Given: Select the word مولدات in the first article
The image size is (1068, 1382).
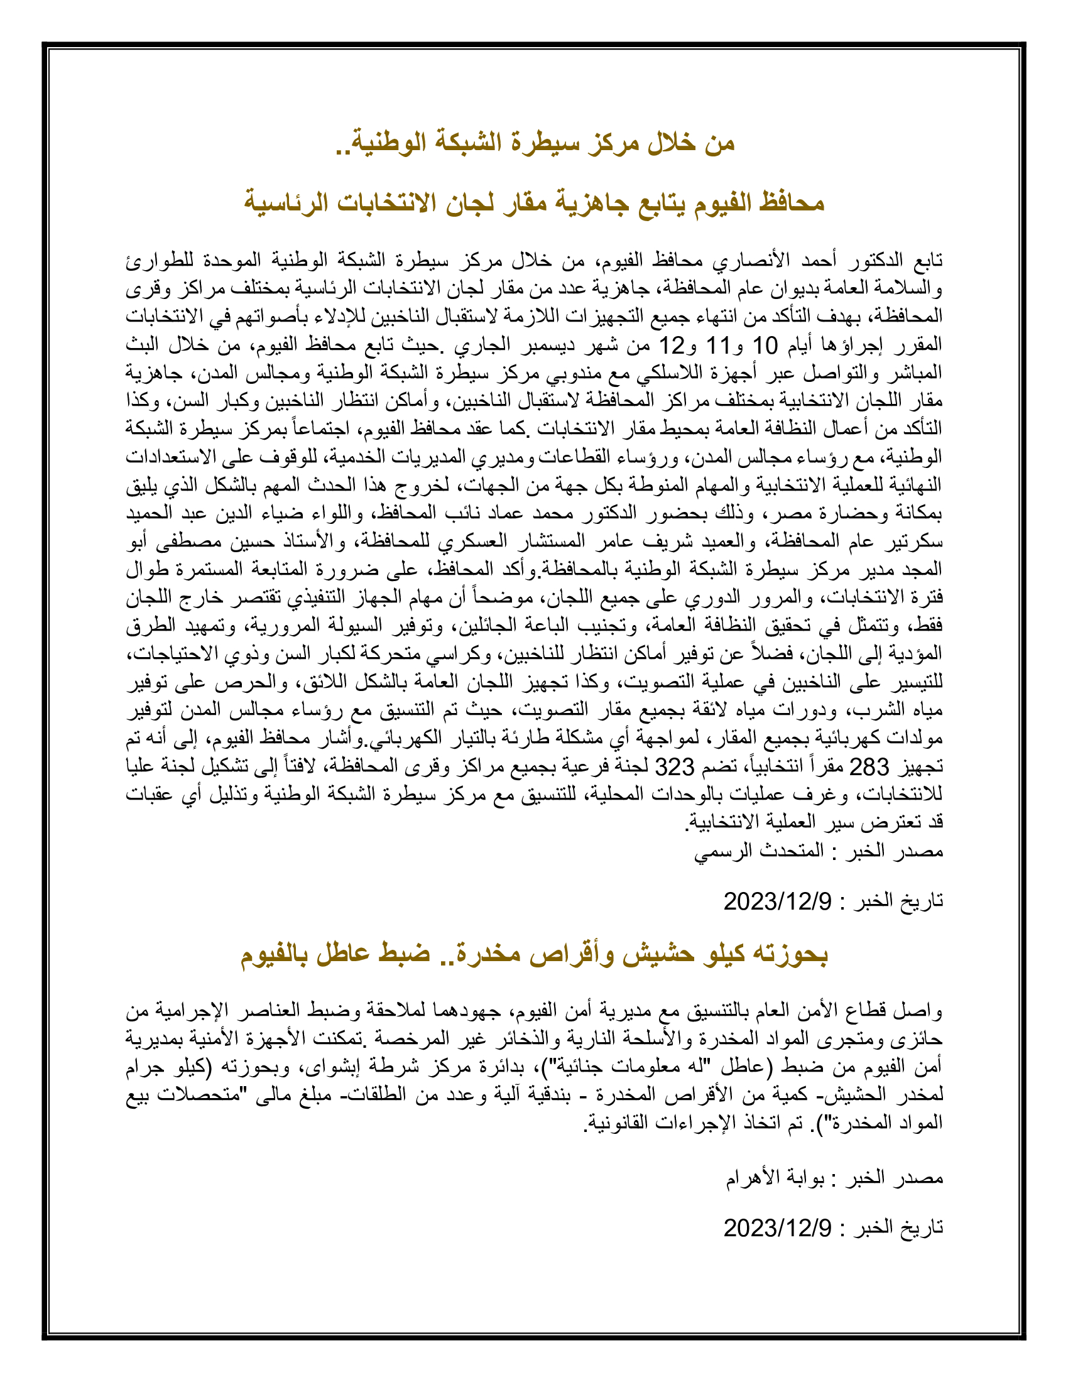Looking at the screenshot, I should pos(916,739).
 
